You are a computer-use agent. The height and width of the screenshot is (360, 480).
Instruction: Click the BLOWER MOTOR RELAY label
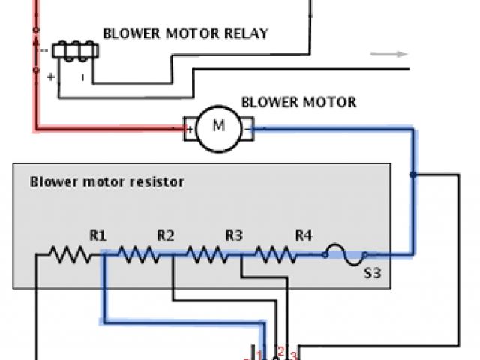pyautogui.click(x=184, y=34)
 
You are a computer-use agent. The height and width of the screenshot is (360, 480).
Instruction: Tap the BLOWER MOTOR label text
pyautogui.click(x=298, y=102)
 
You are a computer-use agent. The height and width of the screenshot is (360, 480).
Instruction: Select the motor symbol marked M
pyautogui.click(x=219, y=126)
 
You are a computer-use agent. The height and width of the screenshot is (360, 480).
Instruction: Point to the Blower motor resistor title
pyautogui.click(x=106, y=181)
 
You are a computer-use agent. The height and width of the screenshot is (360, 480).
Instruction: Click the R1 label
pyautogui.click(x=98, y=236)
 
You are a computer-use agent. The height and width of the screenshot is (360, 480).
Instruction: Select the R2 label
pyautogui.click(x=166, y=236)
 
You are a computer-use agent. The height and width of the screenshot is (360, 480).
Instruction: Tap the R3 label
pyautogui.click(x=235, y=236)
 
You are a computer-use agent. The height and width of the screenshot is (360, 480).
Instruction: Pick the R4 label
pyautogui.click(x=303, y=236)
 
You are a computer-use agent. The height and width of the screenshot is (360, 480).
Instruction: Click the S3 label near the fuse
pyautogui.click(x=373, y=273)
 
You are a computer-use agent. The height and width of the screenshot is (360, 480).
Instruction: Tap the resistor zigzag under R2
pyautogui.click(x=139, y=256)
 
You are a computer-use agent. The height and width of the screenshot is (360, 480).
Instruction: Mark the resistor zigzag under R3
pyautogui.click(x=208, y=256)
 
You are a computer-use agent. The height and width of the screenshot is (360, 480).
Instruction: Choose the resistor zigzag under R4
pyautogui.click(x=276, y=256)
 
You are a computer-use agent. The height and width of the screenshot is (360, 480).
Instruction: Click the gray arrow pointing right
pyautogui.click(x=388, y=54)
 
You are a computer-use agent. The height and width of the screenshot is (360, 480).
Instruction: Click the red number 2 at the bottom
pyautogui.click(x=280, y=350)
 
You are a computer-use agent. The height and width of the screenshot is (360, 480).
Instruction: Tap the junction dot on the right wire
pyautogui.click(x=412, y=175)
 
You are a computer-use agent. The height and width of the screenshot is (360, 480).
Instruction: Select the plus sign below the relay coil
pyautogui.click(x=51, y=76)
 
